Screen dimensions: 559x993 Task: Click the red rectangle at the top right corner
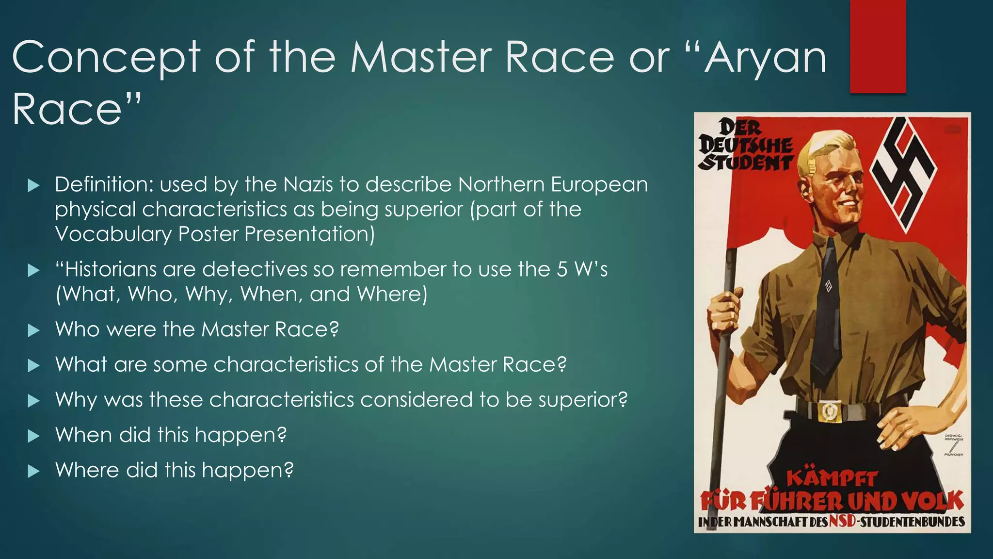pos(878,46)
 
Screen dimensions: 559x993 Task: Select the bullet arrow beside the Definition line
pos(33,185)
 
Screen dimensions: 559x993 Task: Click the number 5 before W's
pos(562,269)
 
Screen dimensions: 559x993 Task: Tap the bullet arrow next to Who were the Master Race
pos(33,330)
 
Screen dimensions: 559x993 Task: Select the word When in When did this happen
pos(83,435)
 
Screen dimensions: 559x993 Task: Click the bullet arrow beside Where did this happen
pos(33,471)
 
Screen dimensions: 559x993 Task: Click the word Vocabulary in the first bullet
pos(113,234)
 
